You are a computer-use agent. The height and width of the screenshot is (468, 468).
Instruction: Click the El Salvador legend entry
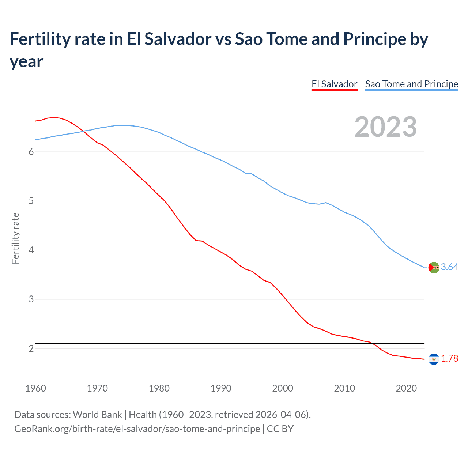[334, 84]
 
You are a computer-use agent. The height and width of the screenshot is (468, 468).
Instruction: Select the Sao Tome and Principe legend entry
[411, 84]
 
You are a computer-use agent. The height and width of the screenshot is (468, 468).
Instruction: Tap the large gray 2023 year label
[386, 127]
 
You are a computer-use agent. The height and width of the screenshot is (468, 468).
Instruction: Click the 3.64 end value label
[449, 267]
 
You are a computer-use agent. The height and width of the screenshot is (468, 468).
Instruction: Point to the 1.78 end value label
[449, 359]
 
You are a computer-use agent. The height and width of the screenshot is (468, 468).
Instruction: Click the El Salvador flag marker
[434, 359]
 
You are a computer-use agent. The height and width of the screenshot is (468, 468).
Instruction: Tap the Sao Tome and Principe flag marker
[434, 268]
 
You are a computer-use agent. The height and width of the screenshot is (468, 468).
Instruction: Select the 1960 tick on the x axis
[35, 388]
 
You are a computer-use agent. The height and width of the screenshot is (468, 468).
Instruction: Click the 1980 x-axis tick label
[159, 388]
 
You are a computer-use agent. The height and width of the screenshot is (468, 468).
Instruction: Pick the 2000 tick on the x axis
[283, 388]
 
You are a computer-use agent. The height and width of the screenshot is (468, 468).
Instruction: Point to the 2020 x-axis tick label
[406, 388]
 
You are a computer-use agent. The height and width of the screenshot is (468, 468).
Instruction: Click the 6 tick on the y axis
[31, 152]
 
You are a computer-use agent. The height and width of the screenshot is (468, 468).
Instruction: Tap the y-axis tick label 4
[31, 250]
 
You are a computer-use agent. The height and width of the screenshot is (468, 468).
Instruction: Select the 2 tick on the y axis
[31, 349]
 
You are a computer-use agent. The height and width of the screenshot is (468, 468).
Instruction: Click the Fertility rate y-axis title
[15, 238]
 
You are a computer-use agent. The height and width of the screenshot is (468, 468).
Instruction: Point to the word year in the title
[26, 62]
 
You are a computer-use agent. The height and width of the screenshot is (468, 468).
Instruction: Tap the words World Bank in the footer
[97, 415]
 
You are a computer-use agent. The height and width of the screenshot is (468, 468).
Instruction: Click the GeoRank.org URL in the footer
[137, 429]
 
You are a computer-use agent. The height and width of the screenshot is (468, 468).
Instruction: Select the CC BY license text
[280, 429]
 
